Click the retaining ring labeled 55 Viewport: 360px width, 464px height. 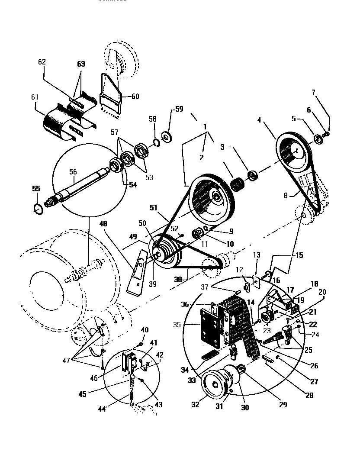(x=38, y=209)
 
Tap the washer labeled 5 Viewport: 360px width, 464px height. (x=318, y=139)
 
